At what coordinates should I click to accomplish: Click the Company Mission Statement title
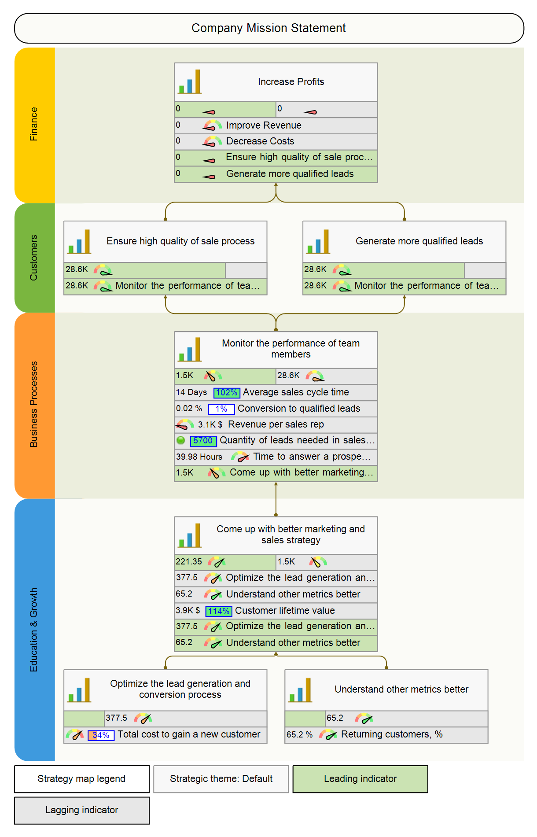click(268, 28)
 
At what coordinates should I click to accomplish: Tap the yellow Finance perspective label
click(34, 124)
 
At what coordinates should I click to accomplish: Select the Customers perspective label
click(34, 258)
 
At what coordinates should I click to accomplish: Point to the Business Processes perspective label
click(34, 404)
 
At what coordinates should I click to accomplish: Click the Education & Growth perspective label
click(34, 630)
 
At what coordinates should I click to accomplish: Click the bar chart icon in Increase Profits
click(190, 82)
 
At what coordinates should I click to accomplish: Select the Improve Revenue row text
click(264, 125)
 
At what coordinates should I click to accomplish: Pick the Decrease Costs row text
click(260, 141)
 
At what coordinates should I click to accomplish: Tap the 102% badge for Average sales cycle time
click(227, 393)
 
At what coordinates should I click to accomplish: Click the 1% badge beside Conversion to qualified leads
click(221, 409)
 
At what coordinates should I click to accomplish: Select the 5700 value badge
click(203, 441)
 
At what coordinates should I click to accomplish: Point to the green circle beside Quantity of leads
click(180, 440)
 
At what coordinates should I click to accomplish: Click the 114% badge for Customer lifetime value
click(219, 611)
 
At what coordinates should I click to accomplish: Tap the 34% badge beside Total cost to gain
click(101, 735)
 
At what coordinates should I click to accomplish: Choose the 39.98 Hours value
click(199, 457)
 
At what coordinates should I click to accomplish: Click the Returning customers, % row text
click(392, 734)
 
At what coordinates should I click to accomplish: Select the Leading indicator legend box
click(360, 779)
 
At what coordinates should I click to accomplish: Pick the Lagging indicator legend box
click(82, 810)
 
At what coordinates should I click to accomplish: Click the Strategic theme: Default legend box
click(221, 779)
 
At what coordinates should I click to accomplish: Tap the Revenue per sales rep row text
click(276, 424)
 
